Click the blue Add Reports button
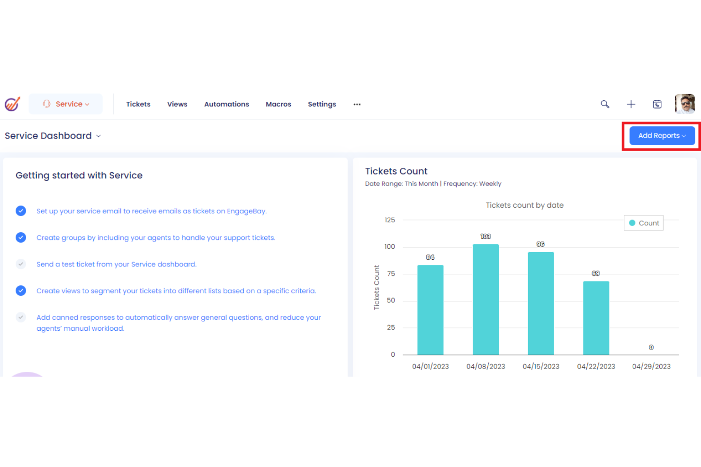[x=662, y=136]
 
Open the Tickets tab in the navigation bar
[x=138, y=104]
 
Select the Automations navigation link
[x=226, y=104]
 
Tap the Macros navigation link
[x=279, y=104]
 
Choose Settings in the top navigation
[x=322, y=104]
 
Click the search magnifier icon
[x=605, y=104]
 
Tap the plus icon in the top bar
[x=631, y=104]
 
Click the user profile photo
[x=684, y=104]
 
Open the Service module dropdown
[x=66, y=104]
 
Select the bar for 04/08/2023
[x=485, y=299]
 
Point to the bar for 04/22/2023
[x=596, y=317]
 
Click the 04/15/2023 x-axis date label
[x=541, y=367]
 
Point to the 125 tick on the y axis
[x=390, y=220]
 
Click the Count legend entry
[x=644, y=223]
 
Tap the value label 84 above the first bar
[x=430, y=257]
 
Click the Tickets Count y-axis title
[x=377, y=287]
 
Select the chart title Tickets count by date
[x=524, y=205]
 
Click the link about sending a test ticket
[x=117, y=264]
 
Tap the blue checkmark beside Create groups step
[x=21, y=238]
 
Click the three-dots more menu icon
[x=357, y=104]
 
